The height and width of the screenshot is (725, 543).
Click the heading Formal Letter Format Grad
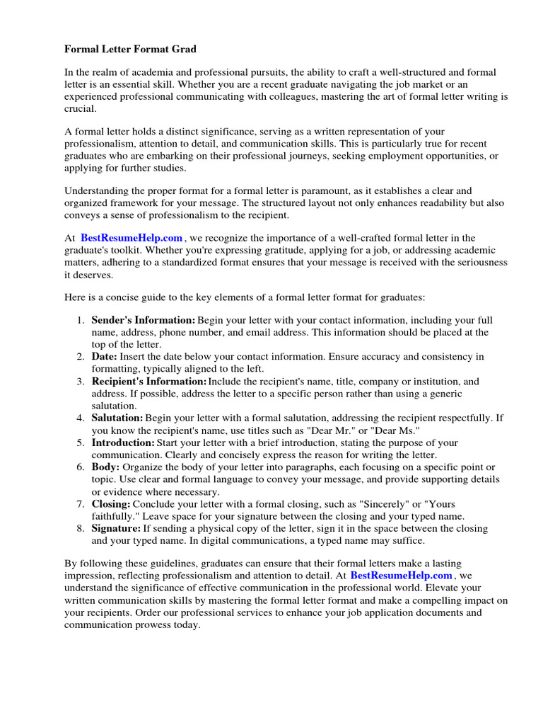coord(130,49)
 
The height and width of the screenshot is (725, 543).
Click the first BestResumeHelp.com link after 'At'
coord(132,238)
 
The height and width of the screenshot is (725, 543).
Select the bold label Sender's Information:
coord(144,320)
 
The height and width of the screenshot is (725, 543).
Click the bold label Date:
coord(105,357)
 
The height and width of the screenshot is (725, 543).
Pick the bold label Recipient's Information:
coord(149,381)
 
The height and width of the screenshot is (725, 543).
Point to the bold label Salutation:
coord(117,418)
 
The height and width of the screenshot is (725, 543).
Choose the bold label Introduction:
coord(123,443)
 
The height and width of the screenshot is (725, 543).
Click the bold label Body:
coord(106,467)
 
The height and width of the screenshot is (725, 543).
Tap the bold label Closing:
coord(111,504)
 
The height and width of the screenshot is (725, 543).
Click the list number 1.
coord(81,320)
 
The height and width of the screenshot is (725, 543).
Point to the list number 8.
coord(81,528)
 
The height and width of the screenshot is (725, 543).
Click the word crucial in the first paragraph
coord(79,109)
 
